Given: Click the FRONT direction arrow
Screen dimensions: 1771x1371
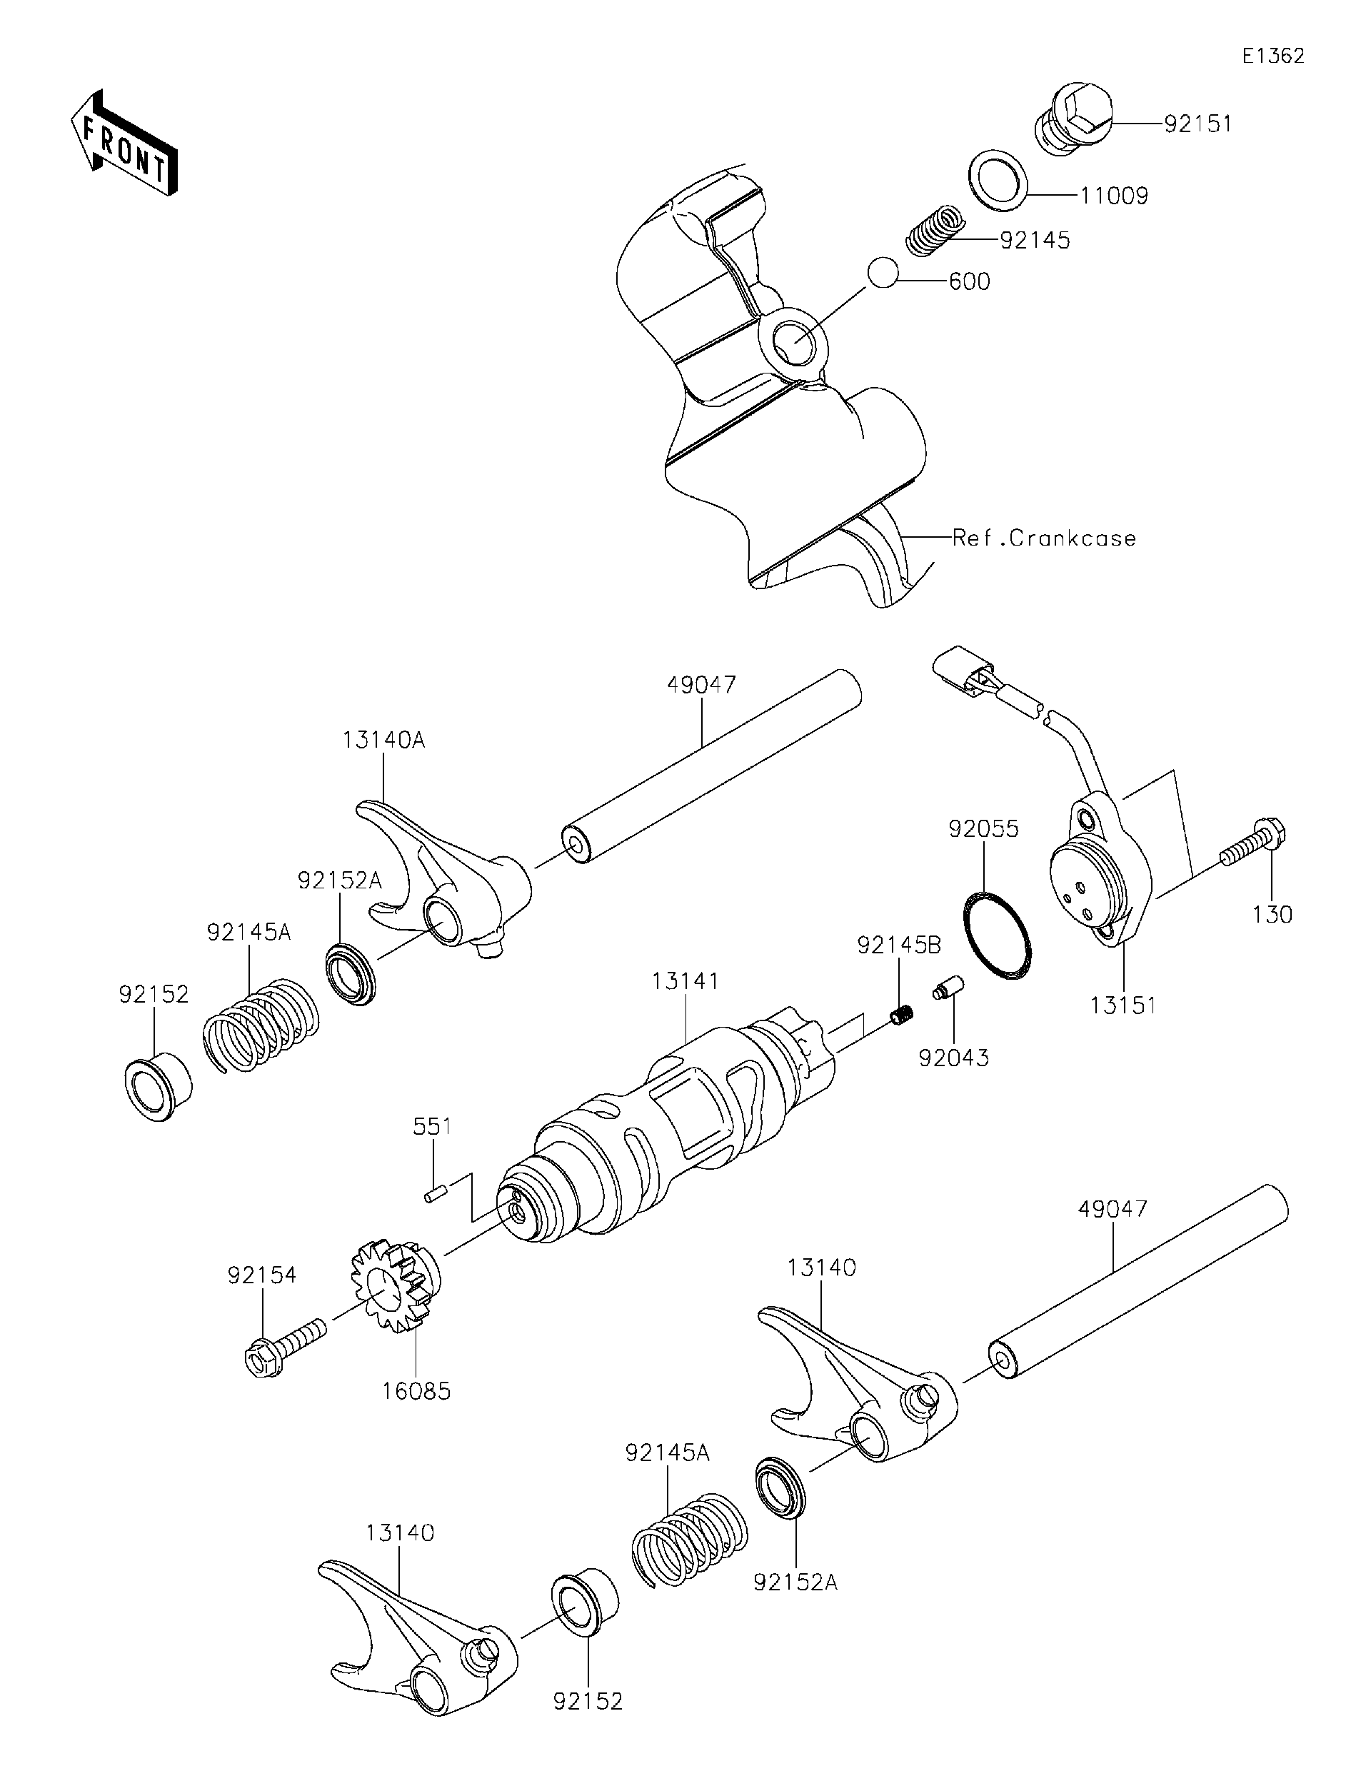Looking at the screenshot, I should click(x=124, y=143).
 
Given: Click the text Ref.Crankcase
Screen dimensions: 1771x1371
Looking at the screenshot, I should click(x=1044, y=538).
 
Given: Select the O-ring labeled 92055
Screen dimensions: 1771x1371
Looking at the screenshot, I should click(x=998, y=935).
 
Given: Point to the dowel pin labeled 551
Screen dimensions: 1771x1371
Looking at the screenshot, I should click(x=436, y=1195).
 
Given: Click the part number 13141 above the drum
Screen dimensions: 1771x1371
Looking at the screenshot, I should click(x=685, y=981).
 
